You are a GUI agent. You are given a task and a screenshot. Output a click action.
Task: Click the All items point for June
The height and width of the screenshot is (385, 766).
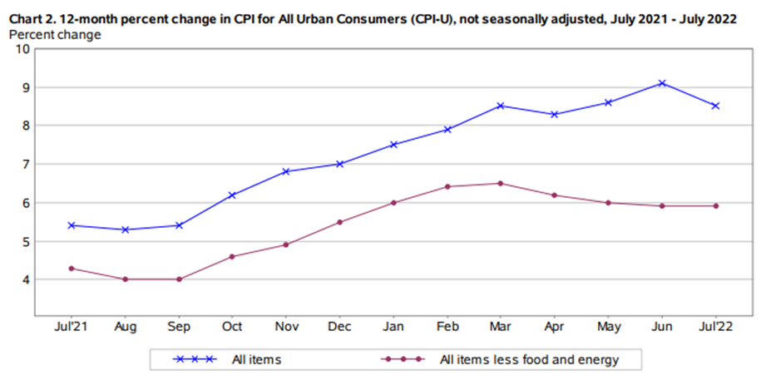coord(662,83)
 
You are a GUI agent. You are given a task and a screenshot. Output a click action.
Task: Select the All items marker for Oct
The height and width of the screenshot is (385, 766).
coord(233,195)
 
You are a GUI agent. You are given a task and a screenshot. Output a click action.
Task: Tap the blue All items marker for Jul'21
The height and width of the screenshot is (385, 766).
coord(72,225)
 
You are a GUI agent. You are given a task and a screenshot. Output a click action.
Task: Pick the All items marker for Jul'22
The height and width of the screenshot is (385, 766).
coord(715,106)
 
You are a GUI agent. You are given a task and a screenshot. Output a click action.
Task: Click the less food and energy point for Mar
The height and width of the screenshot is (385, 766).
coord(501,183)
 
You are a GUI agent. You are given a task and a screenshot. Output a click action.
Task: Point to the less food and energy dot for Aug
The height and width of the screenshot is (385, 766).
coord(126,279)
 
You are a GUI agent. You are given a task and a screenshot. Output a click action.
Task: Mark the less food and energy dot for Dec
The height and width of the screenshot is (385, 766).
coord(340,222)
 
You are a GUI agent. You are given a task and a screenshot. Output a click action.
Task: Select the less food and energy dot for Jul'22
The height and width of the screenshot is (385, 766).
coord(715,205)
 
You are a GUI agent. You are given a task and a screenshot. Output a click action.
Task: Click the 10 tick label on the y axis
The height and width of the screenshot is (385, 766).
coord(22,49)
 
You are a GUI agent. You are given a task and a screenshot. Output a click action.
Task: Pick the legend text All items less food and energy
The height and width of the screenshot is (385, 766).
coord(529,359)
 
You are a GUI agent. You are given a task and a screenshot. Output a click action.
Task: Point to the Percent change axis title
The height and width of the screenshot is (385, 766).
coord(55,34)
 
